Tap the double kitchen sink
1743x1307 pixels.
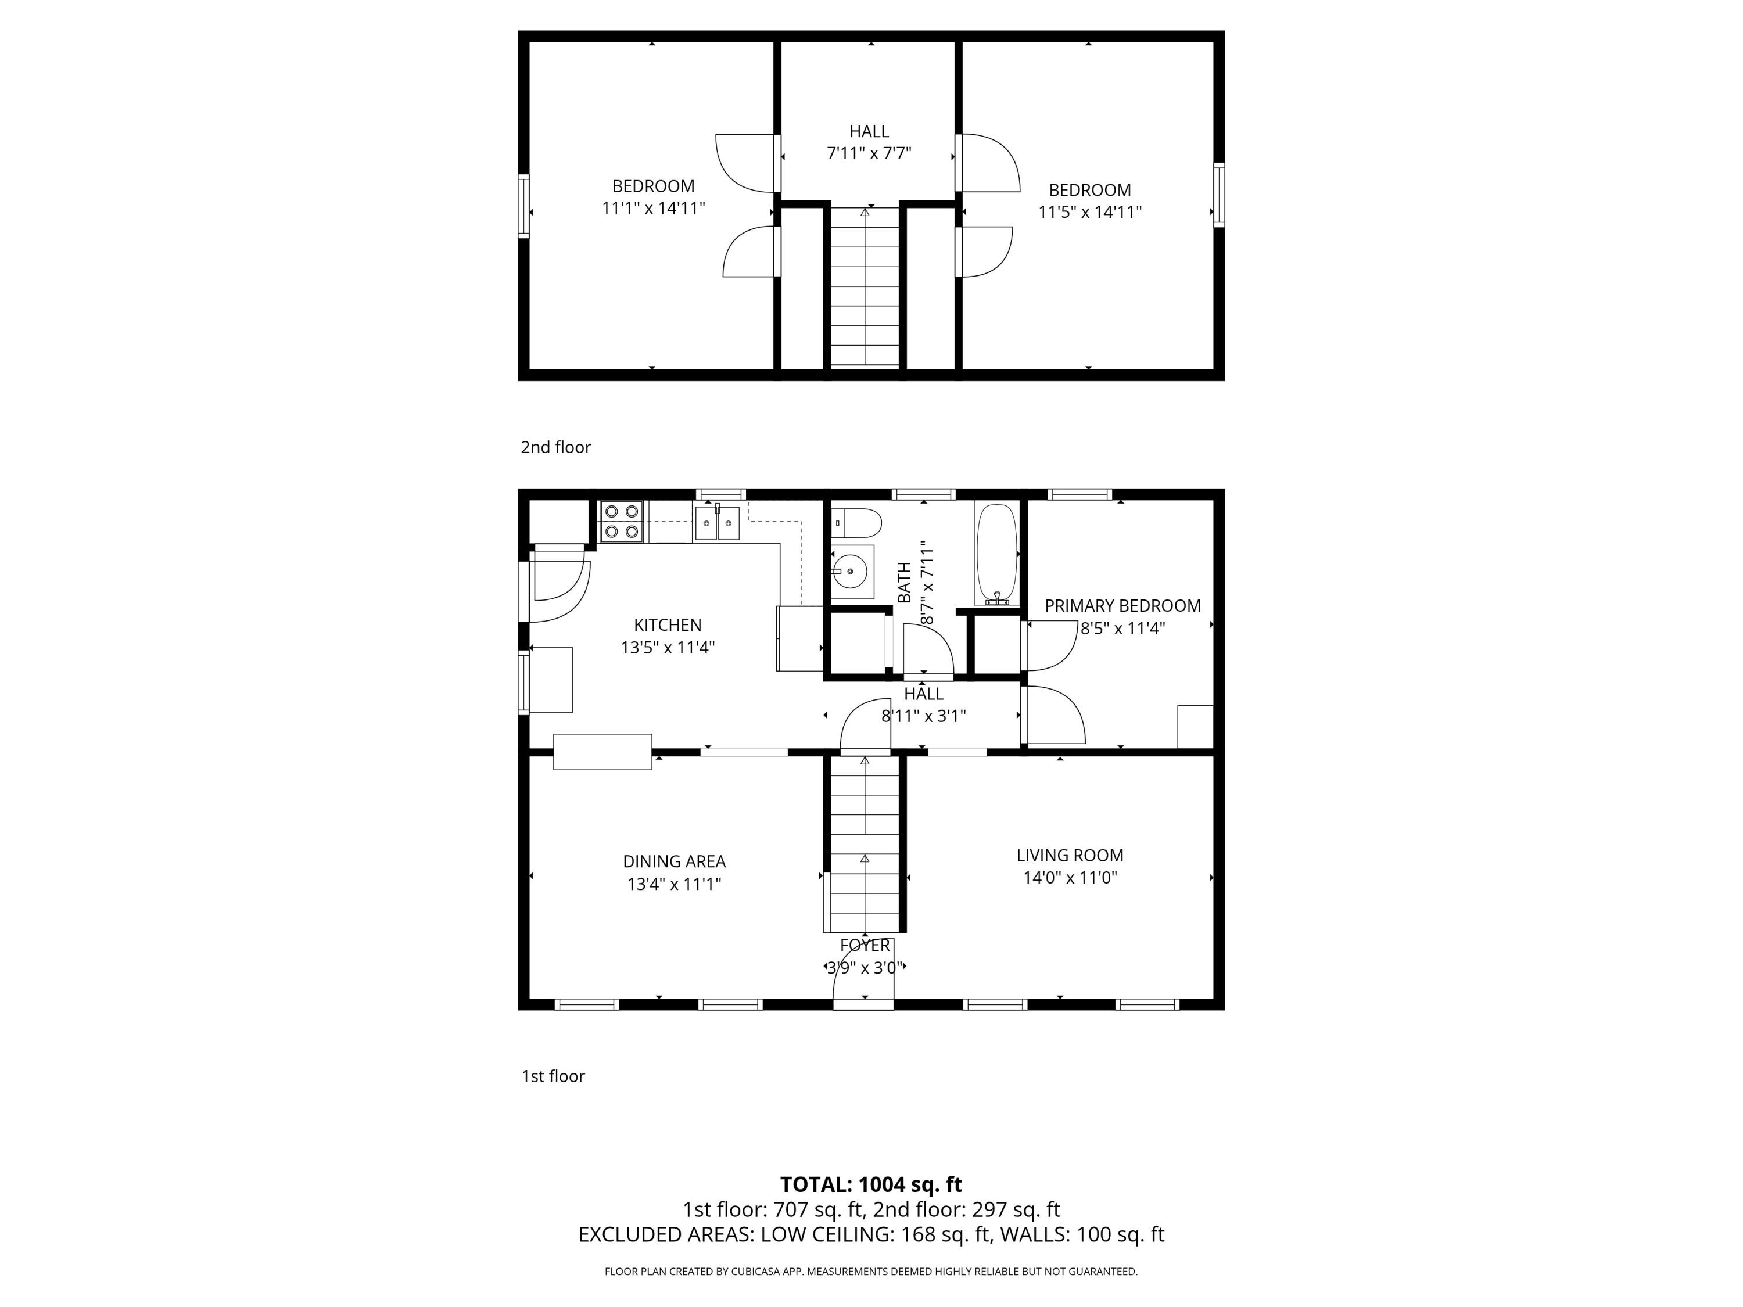(x=716, y=523)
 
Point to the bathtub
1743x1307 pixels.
(x=997, y=553)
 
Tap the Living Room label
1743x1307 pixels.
(x=1069, y=855)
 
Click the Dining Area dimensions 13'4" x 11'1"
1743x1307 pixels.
(x=674, y=884)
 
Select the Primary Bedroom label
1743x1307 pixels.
(x=1122, y=606)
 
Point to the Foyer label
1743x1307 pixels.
(x=865, y=945)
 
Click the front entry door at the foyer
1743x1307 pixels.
(x=863, y=1004)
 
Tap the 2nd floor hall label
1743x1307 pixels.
(x=869, y=131)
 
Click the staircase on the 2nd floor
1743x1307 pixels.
(x=865, y=288)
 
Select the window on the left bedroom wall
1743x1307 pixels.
(x=523, y=206)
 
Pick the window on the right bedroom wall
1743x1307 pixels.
(x=1218, y=195)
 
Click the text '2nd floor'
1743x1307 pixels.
(x=555, y=447)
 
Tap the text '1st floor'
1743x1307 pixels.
(x=553, y=1076)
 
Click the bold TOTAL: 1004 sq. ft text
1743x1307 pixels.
(x=871, y=1184)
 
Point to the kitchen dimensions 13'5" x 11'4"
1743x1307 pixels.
(x=668, y=648)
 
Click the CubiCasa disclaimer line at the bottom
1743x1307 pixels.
(x=871, y=1272)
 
